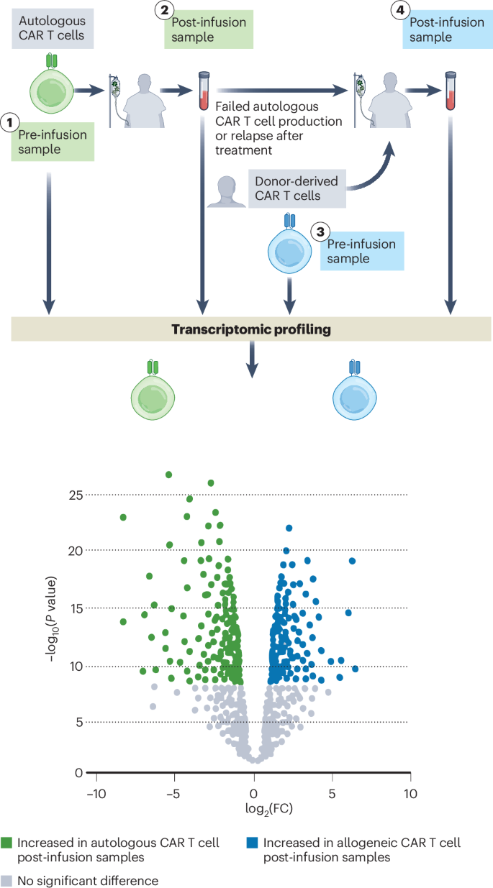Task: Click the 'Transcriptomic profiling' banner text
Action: pyautogui.click(x=250, y=330)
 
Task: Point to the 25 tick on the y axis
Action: pyautogui.click(x=76, y=495)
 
